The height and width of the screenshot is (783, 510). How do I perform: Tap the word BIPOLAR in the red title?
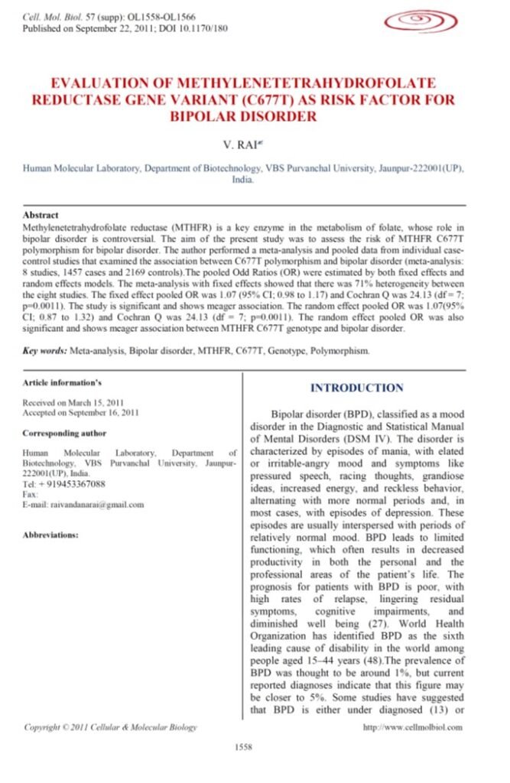tap(217, 116)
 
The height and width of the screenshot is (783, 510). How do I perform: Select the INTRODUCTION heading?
tap(356, 388)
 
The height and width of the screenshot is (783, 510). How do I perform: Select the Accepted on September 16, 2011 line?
tap(81, 413)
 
